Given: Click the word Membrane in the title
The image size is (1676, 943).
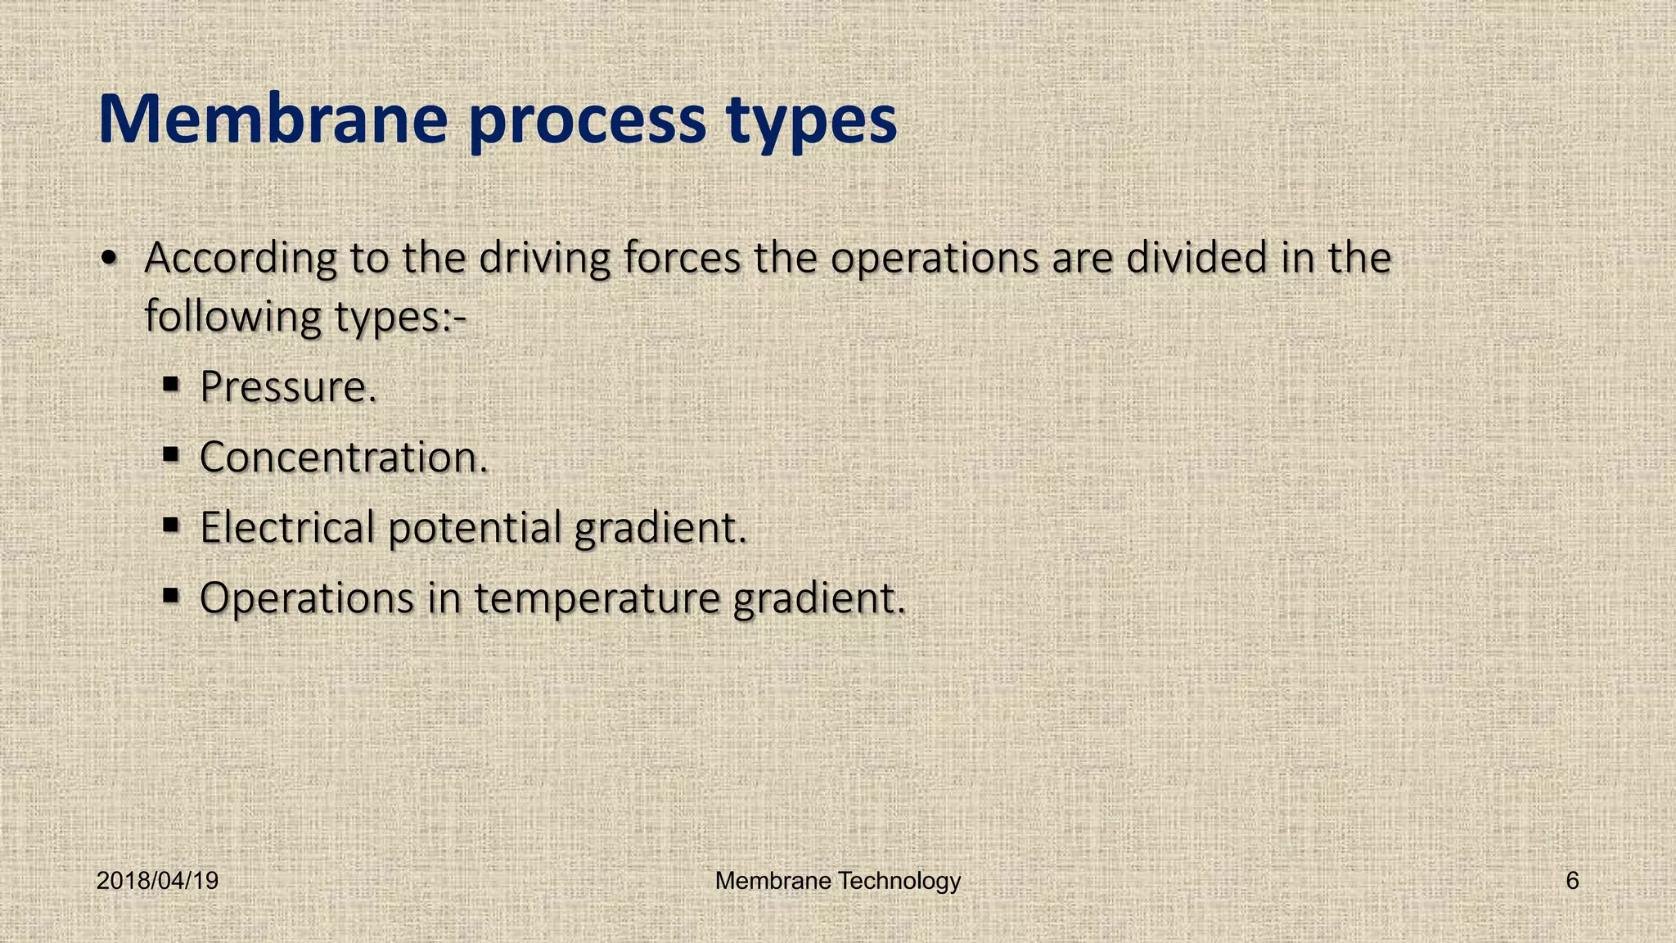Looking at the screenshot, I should (273, 120).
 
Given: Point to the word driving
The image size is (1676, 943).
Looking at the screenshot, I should (544, 259).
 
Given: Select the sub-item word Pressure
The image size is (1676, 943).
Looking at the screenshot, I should (287, 387).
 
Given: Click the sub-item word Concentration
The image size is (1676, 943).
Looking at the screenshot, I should (343, 457).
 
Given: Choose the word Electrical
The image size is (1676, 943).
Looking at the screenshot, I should (287, 527).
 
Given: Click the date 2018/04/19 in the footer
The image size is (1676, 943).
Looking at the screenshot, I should (157, 881).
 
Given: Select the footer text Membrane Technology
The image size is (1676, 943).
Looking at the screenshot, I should (837, 881).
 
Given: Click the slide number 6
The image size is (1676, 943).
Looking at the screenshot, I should (1572, 881).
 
